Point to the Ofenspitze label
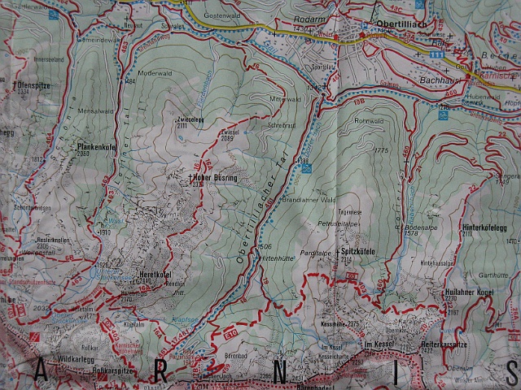[34, 84]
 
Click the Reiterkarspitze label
[488, 345]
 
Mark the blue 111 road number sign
[437, 54]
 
